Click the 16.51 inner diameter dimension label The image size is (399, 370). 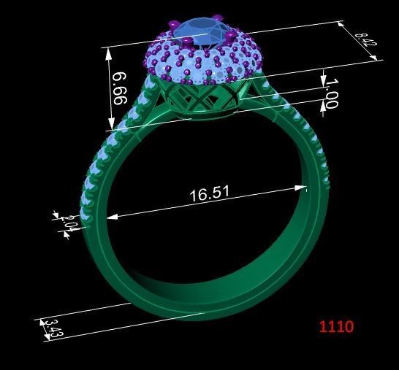click(x=210, y=194)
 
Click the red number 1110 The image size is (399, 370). click(x=335, y=326)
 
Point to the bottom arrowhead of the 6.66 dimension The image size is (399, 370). click(x=110, y=126)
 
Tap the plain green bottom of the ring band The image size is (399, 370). click(x=205, y=292)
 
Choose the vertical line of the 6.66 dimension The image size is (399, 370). click(x=109, y=88)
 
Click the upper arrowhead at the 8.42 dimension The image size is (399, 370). click(x=341, y=24)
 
